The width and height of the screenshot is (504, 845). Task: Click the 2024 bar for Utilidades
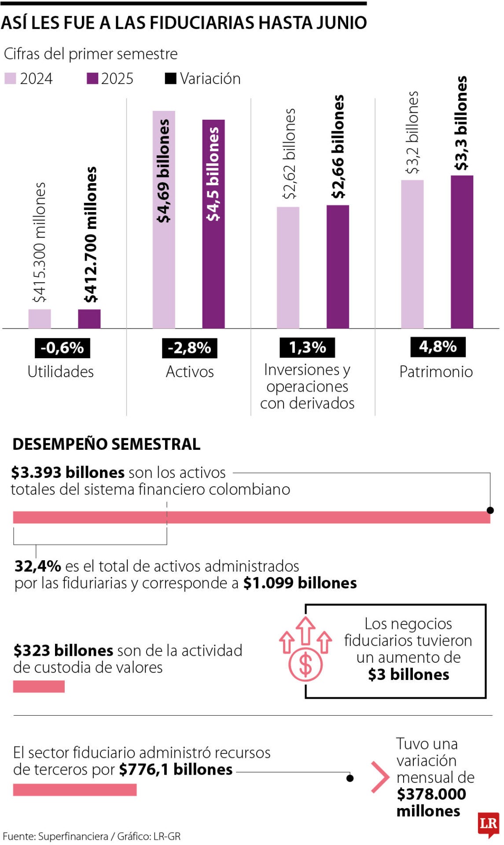(x=40, y=319)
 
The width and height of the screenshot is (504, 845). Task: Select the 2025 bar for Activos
(x=213, y=224)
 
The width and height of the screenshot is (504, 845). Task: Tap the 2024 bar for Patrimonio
(x=412, y=254)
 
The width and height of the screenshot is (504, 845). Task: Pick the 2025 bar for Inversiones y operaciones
(x=338, y=267)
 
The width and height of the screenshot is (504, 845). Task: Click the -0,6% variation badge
(x=62, y=348)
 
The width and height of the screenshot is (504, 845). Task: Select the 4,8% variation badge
(x=438, y=347)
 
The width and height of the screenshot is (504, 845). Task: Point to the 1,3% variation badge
(x=307, y=348)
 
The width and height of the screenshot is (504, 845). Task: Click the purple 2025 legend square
(x=92, y=79)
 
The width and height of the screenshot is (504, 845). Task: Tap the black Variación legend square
(x=170, y=79)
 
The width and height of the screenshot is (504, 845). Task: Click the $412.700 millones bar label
(x=91, y=235)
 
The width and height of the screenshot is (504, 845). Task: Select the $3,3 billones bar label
(x=461, y=124)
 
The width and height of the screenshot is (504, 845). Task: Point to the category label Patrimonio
(x=436, y=372)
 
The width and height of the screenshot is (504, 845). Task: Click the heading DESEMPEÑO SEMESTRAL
(x=107, y=444)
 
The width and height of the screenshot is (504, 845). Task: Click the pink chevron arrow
(x=380, y=777)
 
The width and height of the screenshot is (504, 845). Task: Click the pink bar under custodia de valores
(x=39, y=686)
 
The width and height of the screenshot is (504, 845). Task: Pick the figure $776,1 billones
(x=176, y=769)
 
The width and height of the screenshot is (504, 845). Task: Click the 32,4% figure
(x=37, y=566)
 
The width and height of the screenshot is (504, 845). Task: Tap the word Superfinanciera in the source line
(x=73, y=836)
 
